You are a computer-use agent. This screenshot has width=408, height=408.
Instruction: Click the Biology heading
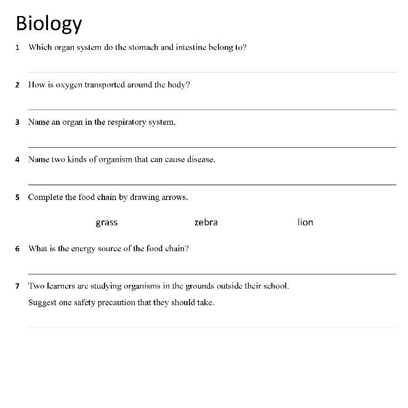(x=49, y=23)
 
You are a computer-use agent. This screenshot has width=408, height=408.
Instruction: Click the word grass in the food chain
(x=106, y=222)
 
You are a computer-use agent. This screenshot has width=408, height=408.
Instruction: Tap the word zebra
(x=206, y=222)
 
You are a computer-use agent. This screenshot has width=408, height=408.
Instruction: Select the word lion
(x=305, y=222)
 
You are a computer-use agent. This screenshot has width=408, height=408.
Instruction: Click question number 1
(x=18, y=47)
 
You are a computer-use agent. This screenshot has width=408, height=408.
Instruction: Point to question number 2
(x=18, y=85)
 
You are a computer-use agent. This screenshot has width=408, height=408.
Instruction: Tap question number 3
(x=18, y=122)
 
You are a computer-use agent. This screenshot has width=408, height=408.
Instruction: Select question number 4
(x=18, y=159)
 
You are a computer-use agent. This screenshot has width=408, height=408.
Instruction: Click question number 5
(x=18, y=198)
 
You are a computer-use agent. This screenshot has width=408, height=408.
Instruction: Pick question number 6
(x=18, y=249)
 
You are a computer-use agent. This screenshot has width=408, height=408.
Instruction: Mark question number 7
(x=18, y=286)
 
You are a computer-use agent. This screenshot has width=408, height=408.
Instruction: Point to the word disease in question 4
(x=201, y=159)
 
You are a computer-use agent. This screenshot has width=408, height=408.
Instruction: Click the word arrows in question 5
(x=174, y=198)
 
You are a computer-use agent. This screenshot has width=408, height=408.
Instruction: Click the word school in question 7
(x=276, y=286)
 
